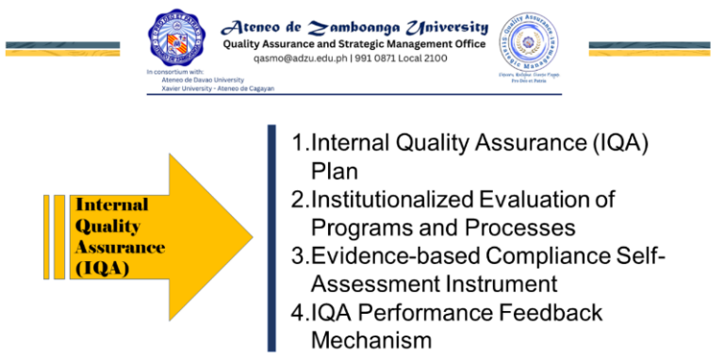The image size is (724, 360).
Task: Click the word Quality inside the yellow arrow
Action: click(107, 226)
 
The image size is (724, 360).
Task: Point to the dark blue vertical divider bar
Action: click(271, 237)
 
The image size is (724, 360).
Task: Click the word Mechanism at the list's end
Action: click(371, 339)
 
